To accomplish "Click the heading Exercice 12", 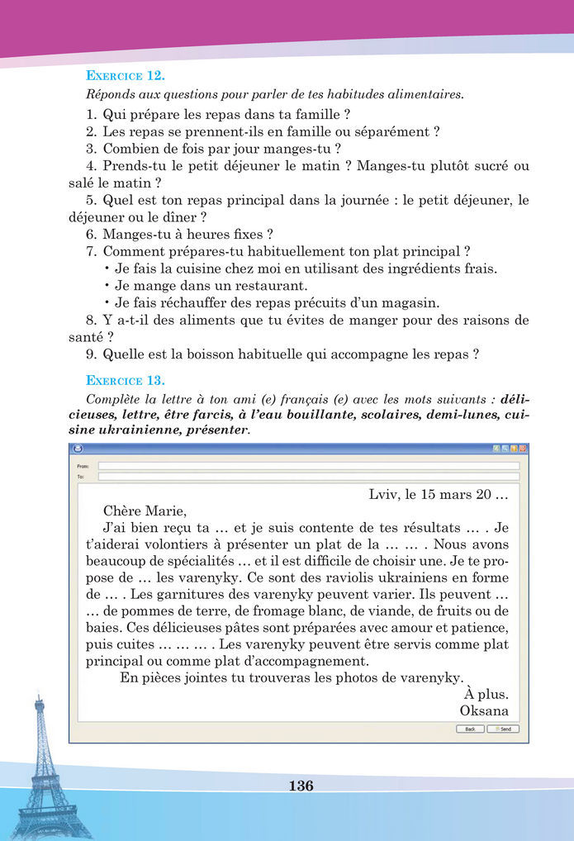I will pos(126,76).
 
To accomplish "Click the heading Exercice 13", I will pos(126,381).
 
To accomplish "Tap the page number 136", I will pos(301,786).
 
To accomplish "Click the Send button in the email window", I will pos(503,729).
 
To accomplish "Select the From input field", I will pos(308,466).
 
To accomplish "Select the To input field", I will pos(308,477).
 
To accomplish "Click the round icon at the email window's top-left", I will pos(77,449).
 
